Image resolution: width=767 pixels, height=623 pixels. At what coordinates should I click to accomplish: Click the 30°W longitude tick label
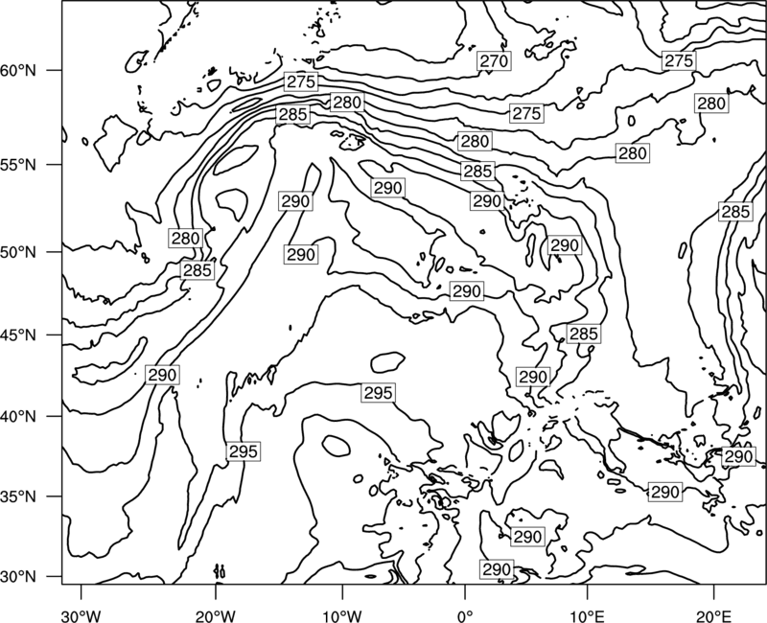coord(81,615)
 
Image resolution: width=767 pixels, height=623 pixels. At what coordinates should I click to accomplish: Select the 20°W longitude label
coord(216,615)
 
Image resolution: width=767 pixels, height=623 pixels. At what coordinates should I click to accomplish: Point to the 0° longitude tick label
coord(465,615)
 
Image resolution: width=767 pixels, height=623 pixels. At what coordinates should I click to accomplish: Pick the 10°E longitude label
coord(587,615)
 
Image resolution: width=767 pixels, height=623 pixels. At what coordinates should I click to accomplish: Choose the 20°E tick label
coord(713,615)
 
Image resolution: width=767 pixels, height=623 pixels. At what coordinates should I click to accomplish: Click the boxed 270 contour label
coord(494,61)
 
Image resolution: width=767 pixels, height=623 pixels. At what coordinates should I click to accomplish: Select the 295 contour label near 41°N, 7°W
coord(378,393)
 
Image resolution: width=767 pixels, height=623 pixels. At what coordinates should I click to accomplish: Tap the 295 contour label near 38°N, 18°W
coord(244,451)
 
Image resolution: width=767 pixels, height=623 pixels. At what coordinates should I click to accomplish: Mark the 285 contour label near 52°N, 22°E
coord(735,212)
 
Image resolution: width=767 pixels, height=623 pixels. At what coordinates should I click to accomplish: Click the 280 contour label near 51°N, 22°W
coord(185,238)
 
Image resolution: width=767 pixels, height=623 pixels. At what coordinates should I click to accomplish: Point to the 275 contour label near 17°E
coord(679,60)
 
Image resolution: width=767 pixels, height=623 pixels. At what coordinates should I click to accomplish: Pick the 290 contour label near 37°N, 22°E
coord(738,457)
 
